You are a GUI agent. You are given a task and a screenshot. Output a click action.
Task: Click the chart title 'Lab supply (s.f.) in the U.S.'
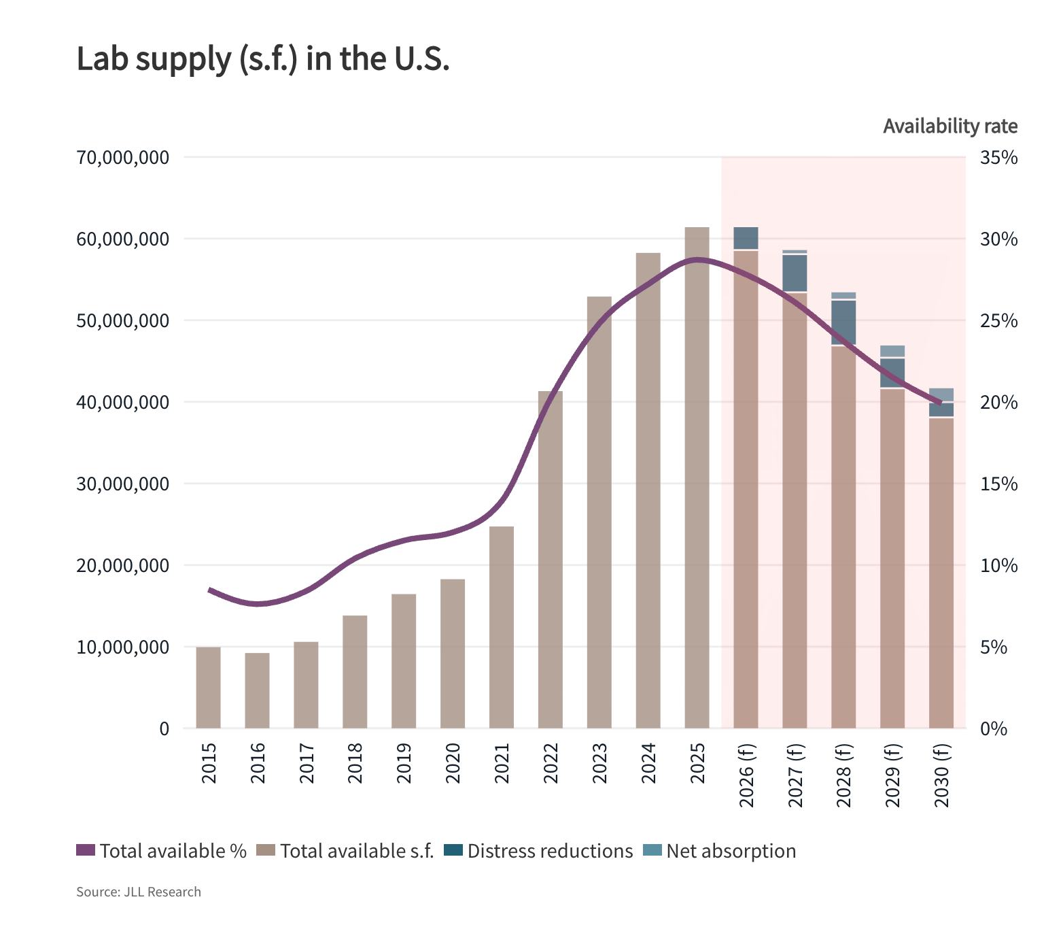point(263,59)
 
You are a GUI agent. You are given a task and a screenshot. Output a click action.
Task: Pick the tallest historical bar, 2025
point(697,476)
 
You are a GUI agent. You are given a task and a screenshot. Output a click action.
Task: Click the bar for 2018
point(355,671)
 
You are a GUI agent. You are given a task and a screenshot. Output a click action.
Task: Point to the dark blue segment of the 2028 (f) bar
point(843,322)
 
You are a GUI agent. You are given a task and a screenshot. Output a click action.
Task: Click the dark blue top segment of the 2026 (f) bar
point(746,238)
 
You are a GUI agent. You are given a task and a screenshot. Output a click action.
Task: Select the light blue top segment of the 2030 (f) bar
point(941,394)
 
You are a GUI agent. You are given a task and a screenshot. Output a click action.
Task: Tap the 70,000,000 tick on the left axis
point(123,158)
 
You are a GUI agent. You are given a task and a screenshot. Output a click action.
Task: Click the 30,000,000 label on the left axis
point(123,484)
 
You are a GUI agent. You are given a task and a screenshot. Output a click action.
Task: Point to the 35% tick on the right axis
point(998,158)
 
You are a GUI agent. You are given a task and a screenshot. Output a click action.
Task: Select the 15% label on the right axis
point(998,484)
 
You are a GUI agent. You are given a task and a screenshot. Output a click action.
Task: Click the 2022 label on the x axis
point(551,763)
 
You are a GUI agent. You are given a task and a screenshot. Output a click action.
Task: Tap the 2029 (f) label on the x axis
point(892,775)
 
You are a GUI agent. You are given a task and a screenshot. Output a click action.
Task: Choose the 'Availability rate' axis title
point(949,127)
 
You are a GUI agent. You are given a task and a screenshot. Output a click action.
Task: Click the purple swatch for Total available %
point(86,850)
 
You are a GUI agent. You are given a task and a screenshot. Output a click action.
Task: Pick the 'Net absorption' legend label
point(731,851)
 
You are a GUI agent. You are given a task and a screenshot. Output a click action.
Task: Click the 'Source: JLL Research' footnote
point(139,892)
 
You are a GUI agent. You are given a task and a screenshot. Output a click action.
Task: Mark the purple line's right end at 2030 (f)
point(941,403)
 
